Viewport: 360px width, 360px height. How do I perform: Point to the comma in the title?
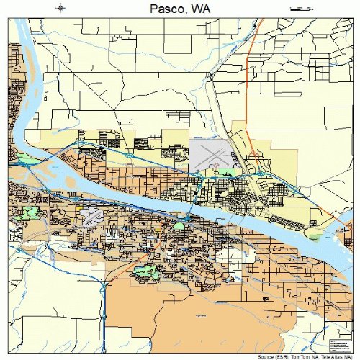coord(187,12)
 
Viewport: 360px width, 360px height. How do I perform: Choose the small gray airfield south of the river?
coord(91,214)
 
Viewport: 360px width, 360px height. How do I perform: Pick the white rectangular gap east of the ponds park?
coord(249,253)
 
